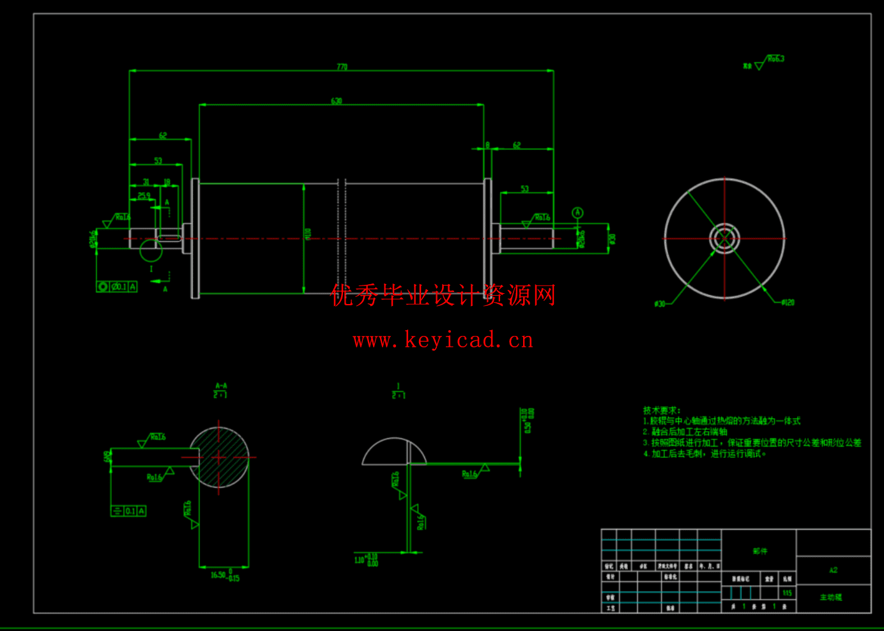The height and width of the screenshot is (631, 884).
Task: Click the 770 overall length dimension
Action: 342,67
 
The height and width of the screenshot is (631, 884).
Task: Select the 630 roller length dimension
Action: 337,101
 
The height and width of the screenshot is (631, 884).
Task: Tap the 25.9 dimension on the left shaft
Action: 144,196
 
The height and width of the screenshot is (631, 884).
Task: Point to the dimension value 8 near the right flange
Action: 487,145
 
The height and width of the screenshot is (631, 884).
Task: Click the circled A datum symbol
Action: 577,212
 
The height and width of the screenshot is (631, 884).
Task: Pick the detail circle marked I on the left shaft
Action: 151,250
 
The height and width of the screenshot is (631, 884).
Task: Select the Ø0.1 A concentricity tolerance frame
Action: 117,287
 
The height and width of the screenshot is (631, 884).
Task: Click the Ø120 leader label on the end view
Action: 788,303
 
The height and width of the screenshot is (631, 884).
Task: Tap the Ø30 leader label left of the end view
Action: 660,304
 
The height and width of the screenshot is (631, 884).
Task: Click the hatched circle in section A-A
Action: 219,457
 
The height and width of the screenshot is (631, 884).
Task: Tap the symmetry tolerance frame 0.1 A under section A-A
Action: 128,511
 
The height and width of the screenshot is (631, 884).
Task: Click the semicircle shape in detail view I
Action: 394,452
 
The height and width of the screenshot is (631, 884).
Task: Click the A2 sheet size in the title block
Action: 833,570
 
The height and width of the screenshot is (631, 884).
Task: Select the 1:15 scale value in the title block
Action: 787,593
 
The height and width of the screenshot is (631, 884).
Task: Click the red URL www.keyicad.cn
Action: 443,340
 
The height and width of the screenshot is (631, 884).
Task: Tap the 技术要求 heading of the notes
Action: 661,411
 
